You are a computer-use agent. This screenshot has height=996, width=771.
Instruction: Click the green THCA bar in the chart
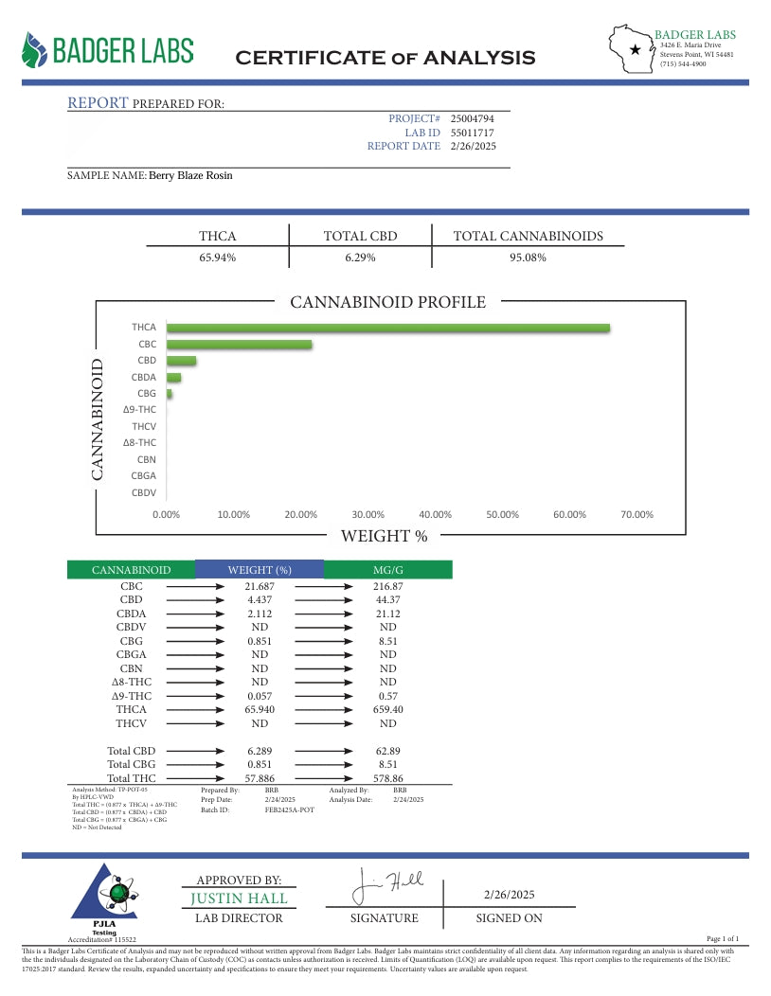point(388,329)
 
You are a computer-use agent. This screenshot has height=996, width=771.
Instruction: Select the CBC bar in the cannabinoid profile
point(240,345)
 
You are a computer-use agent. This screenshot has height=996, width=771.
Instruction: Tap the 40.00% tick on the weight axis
point(435,514)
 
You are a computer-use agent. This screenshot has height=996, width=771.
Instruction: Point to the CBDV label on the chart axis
point(144,492)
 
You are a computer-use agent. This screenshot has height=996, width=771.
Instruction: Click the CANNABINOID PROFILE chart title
point(387,303)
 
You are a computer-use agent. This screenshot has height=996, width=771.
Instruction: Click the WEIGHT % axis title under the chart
point(384,537)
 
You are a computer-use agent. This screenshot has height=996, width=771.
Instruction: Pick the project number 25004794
point(472,118)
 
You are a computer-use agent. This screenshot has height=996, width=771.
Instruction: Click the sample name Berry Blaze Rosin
point(190,175)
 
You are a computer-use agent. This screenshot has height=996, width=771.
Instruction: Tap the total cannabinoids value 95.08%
point(528,258)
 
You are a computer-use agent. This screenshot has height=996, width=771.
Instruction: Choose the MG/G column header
point(387,570)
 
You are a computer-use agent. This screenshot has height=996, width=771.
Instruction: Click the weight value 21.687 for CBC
point(260,587)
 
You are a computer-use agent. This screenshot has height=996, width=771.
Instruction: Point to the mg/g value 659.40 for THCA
point(387,709)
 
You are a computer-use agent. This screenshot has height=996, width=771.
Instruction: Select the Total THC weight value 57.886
point(260,778)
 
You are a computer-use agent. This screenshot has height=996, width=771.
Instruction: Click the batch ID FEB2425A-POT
point(289,810)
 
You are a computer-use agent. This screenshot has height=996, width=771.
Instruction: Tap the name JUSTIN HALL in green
point(239,898)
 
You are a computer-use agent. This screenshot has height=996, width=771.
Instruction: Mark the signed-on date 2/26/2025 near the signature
point(509,895)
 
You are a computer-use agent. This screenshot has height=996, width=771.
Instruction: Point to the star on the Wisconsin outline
point(635,49)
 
